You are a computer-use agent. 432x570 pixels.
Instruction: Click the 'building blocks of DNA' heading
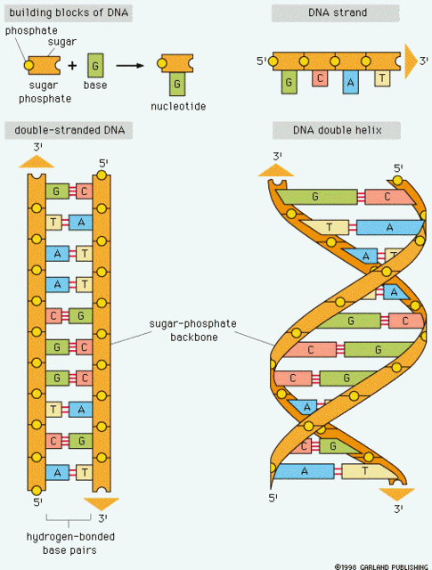(69, 12)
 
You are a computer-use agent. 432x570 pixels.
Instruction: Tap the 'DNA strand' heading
(338, 12)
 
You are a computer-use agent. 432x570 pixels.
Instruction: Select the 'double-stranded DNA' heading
(69, 130)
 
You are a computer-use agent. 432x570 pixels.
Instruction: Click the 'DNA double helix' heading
(338, 130)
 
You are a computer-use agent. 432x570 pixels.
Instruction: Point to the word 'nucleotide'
(178, 106)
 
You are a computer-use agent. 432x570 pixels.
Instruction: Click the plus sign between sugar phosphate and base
(72, 65)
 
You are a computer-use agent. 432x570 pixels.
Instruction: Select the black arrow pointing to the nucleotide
(130, 65)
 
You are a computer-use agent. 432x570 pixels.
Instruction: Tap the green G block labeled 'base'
(95, 65)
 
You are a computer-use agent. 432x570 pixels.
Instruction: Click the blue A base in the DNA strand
(350, 82)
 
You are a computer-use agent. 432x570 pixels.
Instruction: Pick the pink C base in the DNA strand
(320, 78)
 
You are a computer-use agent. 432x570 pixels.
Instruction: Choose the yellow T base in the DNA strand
(382, 78)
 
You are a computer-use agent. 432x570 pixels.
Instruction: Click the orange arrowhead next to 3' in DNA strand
(411, 61)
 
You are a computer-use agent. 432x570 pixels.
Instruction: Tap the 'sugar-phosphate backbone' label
(193, 330)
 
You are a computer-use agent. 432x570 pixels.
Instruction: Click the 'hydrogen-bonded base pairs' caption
(70, 543)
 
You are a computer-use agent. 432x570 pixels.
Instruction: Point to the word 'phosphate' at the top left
(31, 31)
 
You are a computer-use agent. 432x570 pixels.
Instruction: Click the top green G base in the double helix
(315, 197)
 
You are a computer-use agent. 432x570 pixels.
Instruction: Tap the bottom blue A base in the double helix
(304, 471)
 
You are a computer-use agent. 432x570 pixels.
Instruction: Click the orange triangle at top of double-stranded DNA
(37, 161)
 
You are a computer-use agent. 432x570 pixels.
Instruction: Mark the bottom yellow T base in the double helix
(367, 471)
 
